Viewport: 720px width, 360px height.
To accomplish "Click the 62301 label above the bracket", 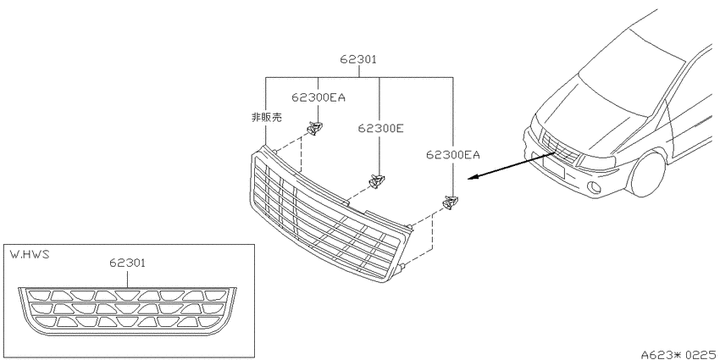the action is point(358,59).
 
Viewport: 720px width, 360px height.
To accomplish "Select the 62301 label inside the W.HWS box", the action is point(128,263).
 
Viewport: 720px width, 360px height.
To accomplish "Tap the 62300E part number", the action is point(380,129).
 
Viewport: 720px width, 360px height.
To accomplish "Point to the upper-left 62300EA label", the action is point(318,97).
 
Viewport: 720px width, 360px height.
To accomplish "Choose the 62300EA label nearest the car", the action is point(453,155).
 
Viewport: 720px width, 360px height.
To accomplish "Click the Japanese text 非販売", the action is point(266,118).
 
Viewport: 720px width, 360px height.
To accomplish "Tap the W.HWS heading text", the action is point(29,254).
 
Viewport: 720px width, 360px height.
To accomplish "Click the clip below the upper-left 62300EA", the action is point(314,128).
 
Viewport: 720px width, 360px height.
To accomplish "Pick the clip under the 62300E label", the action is point(377,181).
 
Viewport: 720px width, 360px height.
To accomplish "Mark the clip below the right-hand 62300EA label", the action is point(451,202).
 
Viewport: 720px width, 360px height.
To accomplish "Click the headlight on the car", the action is point(595,161).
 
